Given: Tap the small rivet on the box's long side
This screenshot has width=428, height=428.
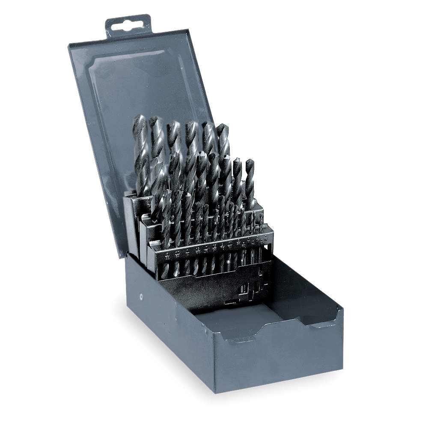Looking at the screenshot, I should tap(142, 295).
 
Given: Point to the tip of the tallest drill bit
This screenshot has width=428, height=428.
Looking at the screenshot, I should tap(140, 118).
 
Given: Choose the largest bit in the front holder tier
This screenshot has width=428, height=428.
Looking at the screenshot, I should tap(166, 214).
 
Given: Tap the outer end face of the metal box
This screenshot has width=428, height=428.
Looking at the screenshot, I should tap(278, 360).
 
